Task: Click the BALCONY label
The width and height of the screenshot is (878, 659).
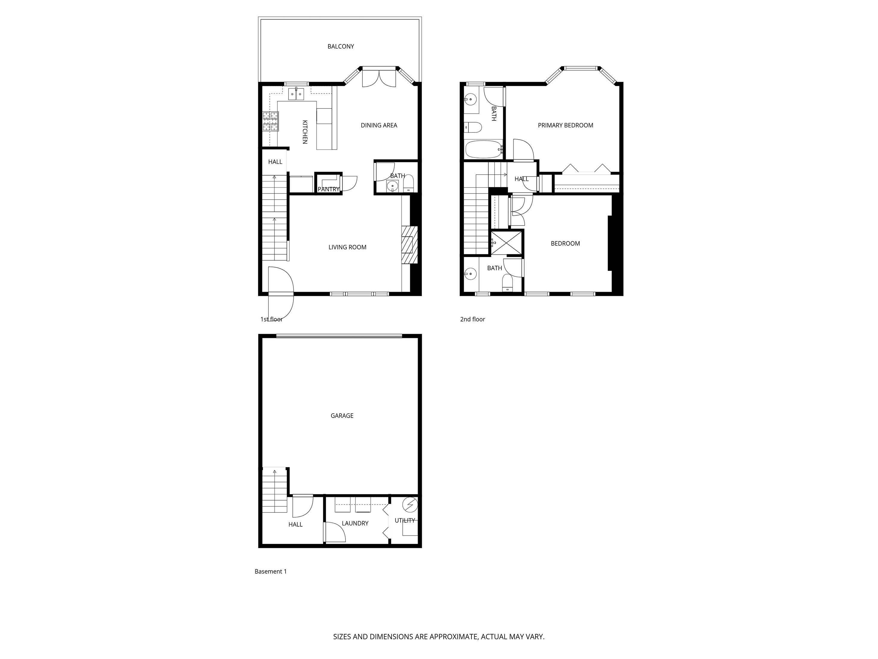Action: tap(341, 46)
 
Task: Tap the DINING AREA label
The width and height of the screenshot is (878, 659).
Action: tap(379, 125)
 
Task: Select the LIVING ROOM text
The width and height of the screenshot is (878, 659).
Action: tap(347, 247)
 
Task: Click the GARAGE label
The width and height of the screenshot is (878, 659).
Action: tap(342, 415)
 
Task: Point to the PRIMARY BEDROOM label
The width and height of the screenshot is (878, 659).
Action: tap(565, 125)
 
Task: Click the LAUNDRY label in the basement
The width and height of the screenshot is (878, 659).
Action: tap(355, 523)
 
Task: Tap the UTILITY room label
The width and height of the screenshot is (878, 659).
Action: tap(404, 520)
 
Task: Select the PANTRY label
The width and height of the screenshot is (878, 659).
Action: tap(329, 189)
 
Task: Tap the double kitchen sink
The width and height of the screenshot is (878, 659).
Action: tap(296, 94)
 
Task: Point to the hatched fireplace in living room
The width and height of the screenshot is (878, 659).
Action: tap(409, 245)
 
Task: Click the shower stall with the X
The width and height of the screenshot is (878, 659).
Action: tap(507, 242)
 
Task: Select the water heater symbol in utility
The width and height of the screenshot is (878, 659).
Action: tap(410, 505)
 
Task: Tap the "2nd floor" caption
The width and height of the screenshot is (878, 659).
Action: tap(472, 319)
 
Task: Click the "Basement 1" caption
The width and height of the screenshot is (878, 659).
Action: tap(270, 571)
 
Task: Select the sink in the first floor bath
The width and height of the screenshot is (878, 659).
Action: tap(392, 185)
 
